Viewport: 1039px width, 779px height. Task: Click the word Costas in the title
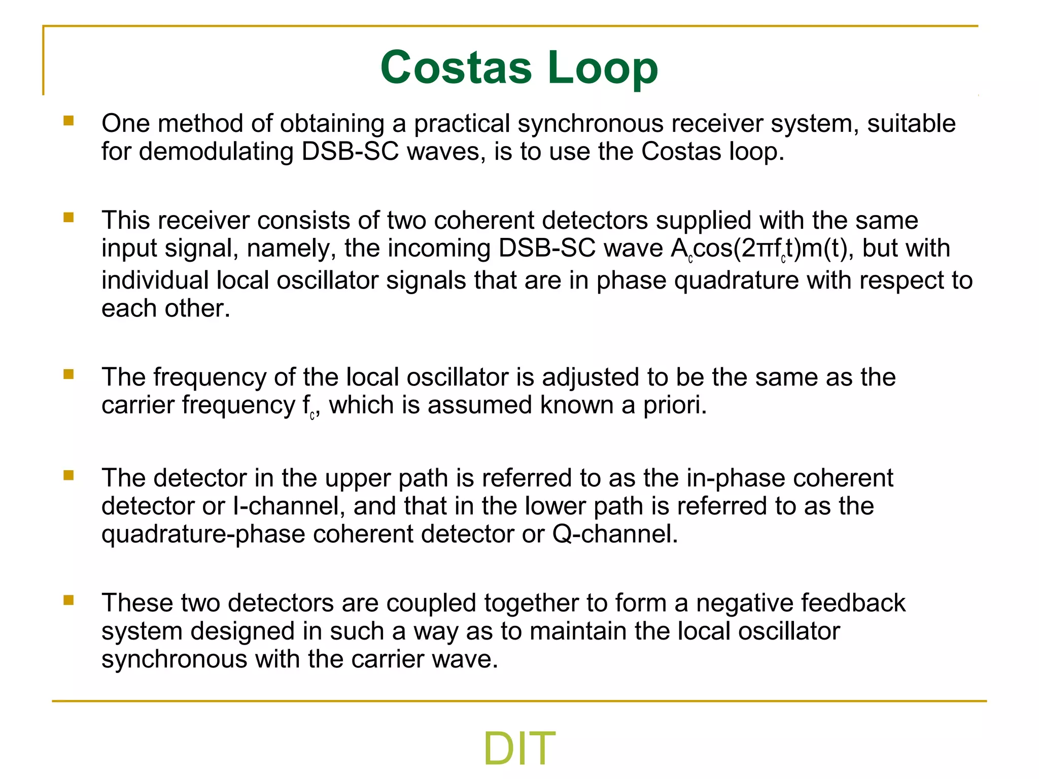(456, 67)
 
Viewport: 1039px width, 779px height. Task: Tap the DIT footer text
(519, 749)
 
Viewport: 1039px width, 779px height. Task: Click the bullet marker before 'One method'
(68, 121)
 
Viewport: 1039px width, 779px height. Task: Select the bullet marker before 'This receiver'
(68, 218)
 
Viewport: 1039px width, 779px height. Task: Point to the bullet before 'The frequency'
(68, 374)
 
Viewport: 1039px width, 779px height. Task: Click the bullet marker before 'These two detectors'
(68, 600)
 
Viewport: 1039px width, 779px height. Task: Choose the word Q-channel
(615, 534)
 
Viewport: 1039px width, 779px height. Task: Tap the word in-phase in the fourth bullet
(736, 478)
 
